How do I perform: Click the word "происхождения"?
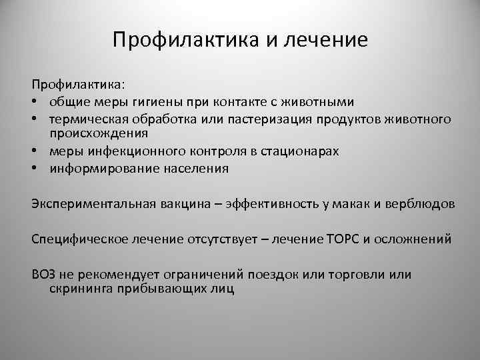(x=95, y=135)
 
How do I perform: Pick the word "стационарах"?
(x=299, y=152)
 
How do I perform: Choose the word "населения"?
(x=198, y=169)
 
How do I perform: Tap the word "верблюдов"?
(x=421, y=204)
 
